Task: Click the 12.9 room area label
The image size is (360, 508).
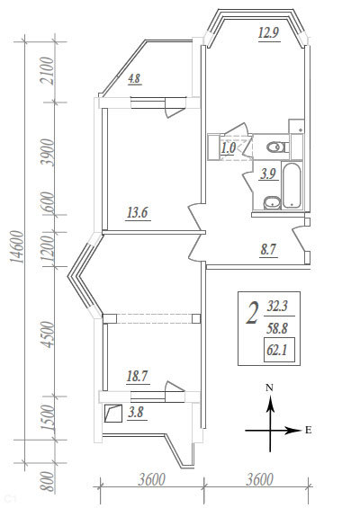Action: [x=269, y=32]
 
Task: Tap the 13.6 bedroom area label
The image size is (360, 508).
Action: [x=138, y=213]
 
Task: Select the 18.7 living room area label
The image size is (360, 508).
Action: [x=138, y=377]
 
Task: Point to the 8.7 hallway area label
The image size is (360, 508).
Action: [x=268, y=250]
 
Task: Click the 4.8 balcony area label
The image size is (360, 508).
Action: [x=134, y=79]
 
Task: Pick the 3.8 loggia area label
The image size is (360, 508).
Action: [x=136, y=413]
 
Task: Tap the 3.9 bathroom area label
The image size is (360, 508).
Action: [x=268, y=174]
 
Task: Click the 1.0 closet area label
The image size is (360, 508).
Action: [x=229, y=148]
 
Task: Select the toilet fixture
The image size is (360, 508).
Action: [x=277, y=147]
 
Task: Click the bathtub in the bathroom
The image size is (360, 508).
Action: [x=292, y=185]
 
